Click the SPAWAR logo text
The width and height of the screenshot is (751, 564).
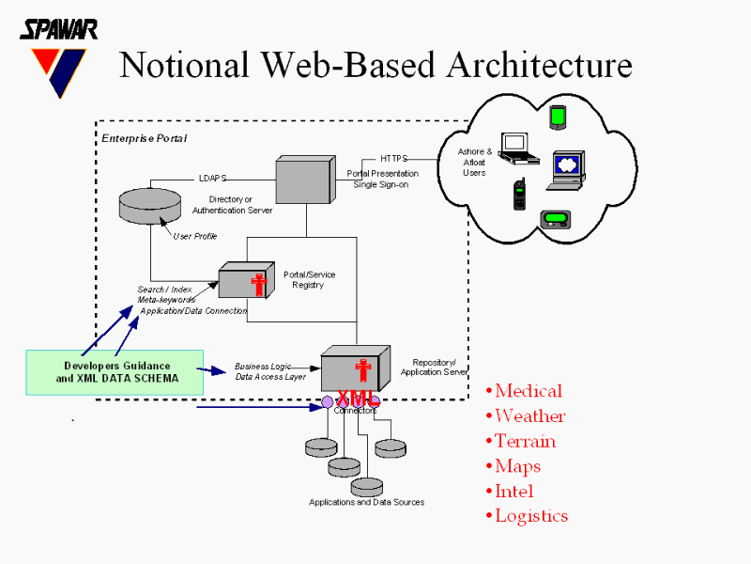(58, 28)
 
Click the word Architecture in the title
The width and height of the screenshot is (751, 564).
(539, 65)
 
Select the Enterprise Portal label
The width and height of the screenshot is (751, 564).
(144, 138)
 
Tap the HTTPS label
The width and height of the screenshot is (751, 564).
(393, 159)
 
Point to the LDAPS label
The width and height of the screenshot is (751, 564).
(212, 177)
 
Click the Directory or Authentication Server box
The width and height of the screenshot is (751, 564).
(304, 179)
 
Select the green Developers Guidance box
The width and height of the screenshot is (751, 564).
(115, 371)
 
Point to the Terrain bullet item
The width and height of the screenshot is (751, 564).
(525, 442)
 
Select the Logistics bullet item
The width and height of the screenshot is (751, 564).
(530, 516)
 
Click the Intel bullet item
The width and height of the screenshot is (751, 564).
(513, 492)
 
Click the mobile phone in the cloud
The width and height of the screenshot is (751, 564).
(519, 195)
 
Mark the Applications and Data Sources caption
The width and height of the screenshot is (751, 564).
(366, 502)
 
